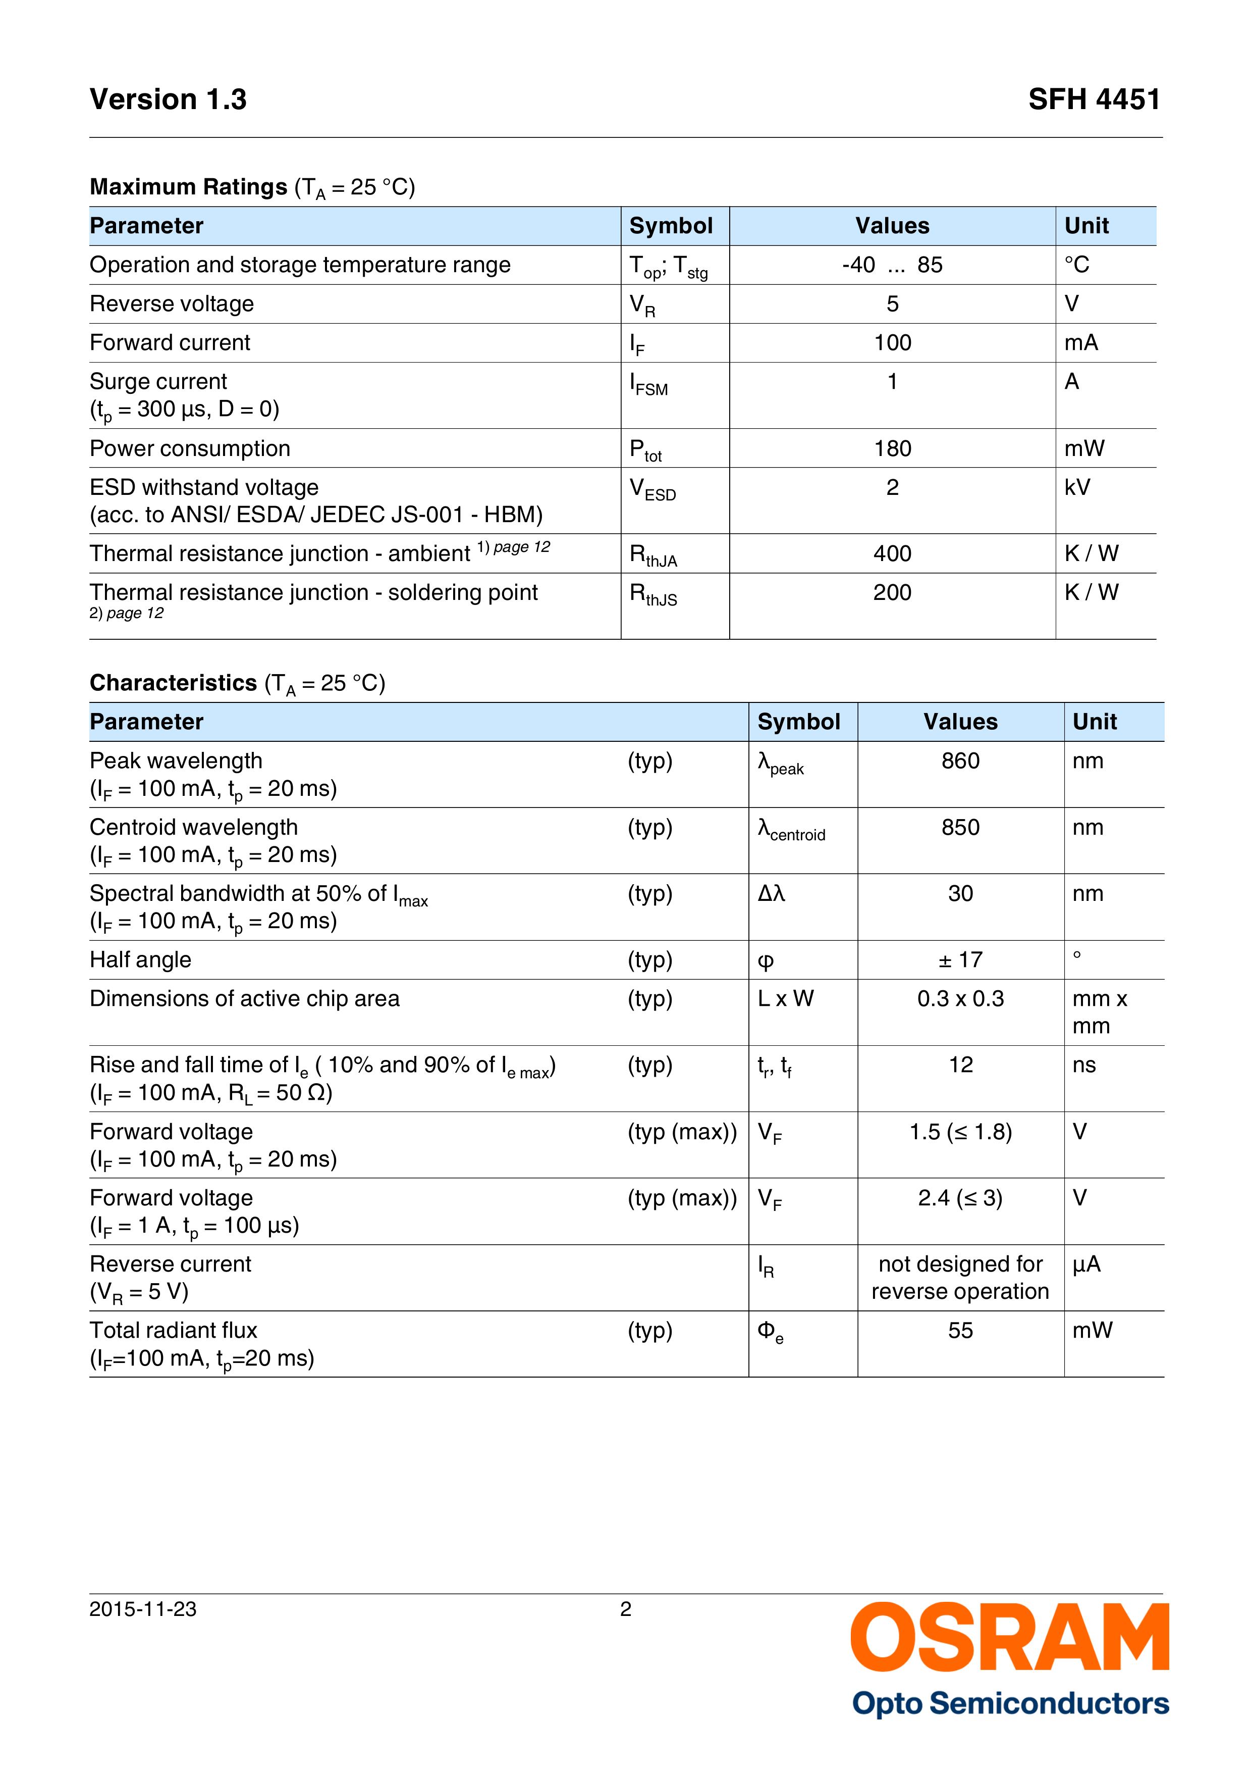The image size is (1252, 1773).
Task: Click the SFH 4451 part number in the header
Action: (1094, 99)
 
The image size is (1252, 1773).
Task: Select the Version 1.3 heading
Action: (168, 99)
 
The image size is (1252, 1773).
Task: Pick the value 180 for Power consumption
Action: (892, 448)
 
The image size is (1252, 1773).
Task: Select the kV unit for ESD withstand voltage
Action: (1077, 487)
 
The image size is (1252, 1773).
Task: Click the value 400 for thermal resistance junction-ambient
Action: (892, 553)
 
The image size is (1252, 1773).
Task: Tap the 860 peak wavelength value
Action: (960, 762)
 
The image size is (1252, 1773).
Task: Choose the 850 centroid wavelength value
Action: (960, 828)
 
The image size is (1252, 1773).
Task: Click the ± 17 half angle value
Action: (960, 960)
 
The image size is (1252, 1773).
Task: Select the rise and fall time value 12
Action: (960, 1066)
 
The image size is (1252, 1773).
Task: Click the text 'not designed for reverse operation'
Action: (960, 1278)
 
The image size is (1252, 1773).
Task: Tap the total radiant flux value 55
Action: (960, 1331)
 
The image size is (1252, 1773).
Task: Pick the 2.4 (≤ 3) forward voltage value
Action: (960, 1198)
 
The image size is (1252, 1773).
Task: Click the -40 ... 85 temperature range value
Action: (892, 266)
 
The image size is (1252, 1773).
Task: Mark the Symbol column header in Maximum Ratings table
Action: (671, 226)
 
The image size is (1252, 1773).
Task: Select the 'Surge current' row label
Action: (158, 381)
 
